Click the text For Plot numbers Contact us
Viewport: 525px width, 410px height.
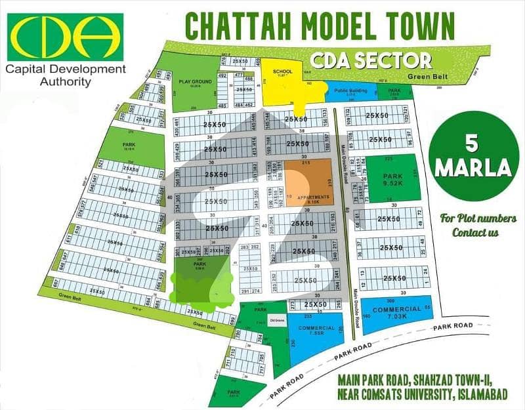tap(478, 225)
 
